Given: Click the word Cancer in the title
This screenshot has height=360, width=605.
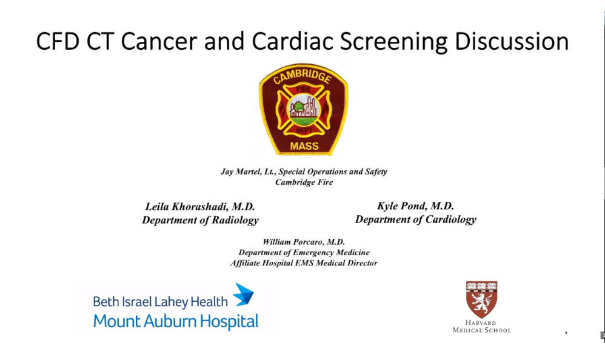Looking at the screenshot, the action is (159, 41).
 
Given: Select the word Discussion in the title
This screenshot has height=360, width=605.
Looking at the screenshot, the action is (512, 41).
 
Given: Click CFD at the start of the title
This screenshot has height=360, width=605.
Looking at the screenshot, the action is (58, 41).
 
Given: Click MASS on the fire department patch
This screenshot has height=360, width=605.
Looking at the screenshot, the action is (304, 146).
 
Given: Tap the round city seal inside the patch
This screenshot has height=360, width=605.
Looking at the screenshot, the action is (304, 109).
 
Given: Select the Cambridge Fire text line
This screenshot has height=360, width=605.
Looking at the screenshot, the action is (304, 182).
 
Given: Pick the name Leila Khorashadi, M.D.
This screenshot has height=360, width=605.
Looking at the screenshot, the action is (200, 207).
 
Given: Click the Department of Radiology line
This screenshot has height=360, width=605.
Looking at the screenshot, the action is (200, 221).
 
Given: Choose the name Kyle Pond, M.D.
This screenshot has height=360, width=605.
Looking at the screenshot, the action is (415, 206).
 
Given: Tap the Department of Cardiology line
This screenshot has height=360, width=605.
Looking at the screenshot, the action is (415, 219).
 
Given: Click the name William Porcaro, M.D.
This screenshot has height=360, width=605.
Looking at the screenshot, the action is (304, 242).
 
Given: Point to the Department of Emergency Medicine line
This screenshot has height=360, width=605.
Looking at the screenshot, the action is (304, 252).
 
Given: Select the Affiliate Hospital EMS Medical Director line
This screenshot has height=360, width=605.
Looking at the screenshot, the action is (304, 263).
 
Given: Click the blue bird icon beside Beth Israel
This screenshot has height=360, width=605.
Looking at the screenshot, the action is (244, 295).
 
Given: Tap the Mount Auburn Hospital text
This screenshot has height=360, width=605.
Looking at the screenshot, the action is (176, 321).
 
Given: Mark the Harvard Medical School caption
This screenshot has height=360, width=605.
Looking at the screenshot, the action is (481, 327).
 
